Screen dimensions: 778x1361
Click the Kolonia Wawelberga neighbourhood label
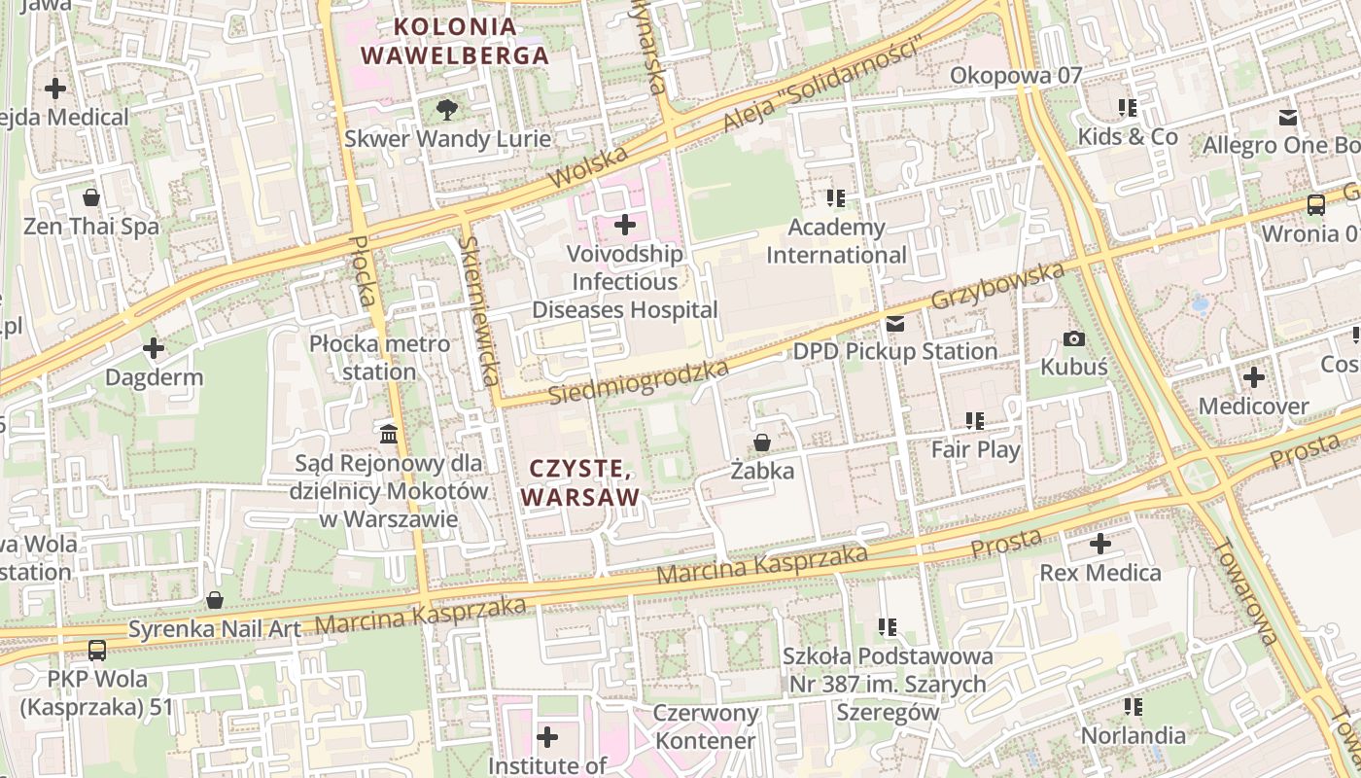pyautogui.click(x=455, y=41)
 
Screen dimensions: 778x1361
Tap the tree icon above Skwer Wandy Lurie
pyautogui.click(x=446, y=109)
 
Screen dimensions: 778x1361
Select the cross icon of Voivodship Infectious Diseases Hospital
pyautogui.click(x=625, y=226)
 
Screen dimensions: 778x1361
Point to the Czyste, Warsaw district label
pyautogui.click(x=581, y=483)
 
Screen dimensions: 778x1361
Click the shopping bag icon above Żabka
pyautogui.click(x=762, y=442)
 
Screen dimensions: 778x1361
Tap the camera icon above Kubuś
pyautogui.click(x=1074, y=338)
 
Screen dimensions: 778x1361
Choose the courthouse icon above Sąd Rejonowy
pyautogui.click(x=389, y=433)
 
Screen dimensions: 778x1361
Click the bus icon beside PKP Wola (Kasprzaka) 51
pyautogui.click(x=97, y=650)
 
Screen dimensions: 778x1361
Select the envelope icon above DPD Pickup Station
pyautogui.click(x=894, y=323)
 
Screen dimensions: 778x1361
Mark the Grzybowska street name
pyautogui.click(x=997, y=285)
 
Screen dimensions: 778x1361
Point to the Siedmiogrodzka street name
pyautogui.click(x=639, y=383)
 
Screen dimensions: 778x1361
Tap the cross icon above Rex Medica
pyautogui.click(x=1100, y=544)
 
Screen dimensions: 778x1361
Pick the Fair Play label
pyautogui.click(x=975, y=449)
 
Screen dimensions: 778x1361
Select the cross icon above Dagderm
pyautogui.click(x=154, y=348)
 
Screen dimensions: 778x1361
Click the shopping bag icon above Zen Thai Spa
pyautogui.click(x=91, y=197)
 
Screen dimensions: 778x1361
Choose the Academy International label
pyautogui.click(x=836, y=241)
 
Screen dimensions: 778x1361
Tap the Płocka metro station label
pyautogui.click(x=379, y=358)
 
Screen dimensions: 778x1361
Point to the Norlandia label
pyautogui.click(x=1133, y=735)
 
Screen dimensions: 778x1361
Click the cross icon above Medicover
pyautogui.click(x=1254, y=376)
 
